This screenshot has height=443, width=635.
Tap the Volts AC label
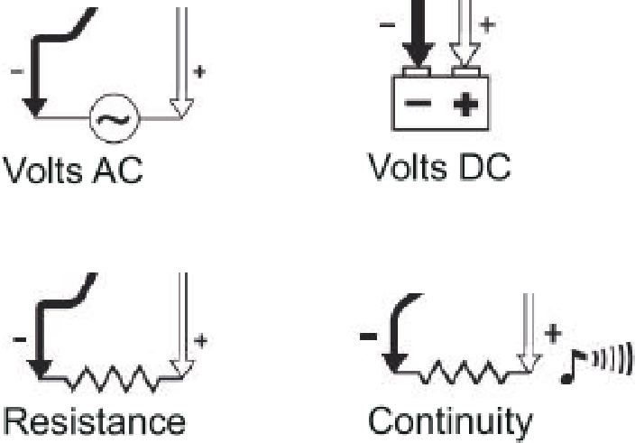point(73,171)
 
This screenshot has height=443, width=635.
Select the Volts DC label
point(439,167)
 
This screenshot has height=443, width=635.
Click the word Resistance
point(95,421)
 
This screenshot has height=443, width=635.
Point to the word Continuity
point(450,423)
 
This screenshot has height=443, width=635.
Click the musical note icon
point(573,367)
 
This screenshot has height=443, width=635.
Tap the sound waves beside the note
point(612,357)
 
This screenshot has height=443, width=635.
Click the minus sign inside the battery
point(418,103)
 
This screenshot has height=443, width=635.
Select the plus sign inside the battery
point(465,104)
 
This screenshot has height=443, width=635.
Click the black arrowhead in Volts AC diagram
point(34,107)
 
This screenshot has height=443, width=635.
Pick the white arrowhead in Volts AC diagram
point(181,108)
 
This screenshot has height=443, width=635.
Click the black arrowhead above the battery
point(419,55)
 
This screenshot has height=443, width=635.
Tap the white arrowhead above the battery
point(465,55)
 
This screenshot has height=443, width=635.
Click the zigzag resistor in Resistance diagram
point(112,379)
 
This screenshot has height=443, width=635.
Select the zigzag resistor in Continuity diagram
point(462,372)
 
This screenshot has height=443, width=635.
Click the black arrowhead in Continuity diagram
point(395,363)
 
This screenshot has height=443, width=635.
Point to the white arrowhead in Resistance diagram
point(182,369)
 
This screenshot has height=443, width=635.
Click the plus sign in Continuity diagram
point(553,335)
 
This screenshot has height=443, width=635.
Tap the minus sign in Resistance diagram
point(20,339)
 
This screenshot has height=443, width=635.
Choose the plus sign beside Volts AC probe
point(199,71)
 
